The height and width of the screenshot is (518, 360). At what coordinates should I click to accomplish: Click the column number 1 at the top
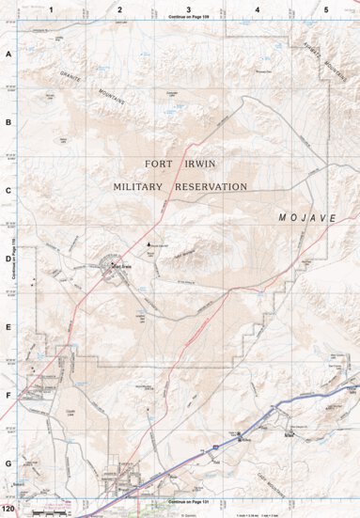click(x=52, y=9)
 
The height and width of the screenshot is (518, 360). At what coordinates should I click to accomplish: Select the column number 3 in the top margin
click(x=189, y=9)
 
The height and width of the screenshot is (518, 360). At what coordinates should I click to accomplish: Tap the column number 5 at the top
click(x=326, y=9)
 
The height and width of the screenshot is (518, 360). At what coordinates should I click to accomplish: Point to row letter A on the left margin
click(x=8, y=55)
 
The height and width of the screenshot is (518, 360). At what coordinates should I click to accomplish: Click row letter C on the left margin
click(x=8, y=191)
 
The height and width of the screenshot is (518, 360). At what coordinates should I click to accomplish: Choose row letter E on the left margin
click(x=8, y=328)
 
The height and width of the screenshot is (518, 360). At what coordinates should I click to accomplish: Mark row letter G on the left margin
click(x=8, y=463)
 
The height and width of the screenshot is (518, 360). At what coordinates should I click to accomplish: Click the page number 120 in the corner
click(x=8, y=510)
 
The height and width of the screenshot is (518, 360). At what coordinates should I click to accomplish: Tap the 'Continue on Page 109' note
click(x=189, y=18)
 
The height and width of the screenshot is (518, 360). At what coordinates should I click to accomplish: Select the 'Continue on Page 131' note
click(x=189, y=503)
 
